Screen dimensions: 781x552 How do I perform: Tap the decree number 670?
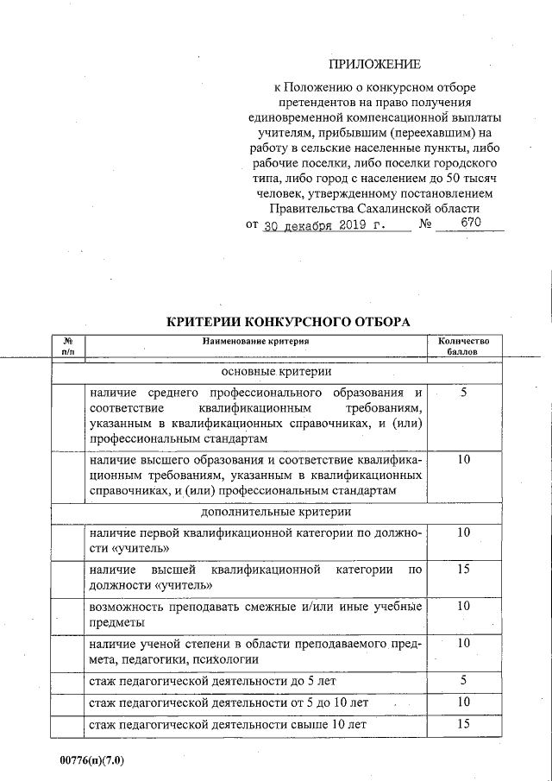coord(470,223)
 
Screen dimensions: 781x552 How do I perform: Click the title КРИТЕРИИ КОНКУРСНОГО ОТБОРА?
coord(287,322)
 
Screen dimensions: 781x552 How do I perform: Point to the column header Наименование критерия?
coord(255,341)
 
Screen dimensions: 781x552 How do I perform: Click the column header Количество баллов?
coord(463,346)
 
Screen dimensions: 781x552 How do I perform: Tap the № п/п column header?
coord(68,346)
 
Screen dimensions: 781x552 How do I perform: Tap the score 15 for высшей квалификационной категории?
coord(463,570)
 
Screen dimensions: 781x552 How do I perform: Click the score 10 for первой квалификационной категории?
coord(463,532)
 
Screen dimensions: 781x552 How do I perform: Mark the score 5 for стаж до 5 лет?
coord(463,680)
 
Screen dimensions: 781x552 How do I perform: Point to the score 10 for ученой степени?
coord(463,643)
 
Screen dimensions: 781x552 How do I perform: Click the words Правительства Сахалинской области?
coord(374,209)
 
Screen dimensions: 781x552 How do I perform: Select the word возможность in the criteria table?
coord(130,607)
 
